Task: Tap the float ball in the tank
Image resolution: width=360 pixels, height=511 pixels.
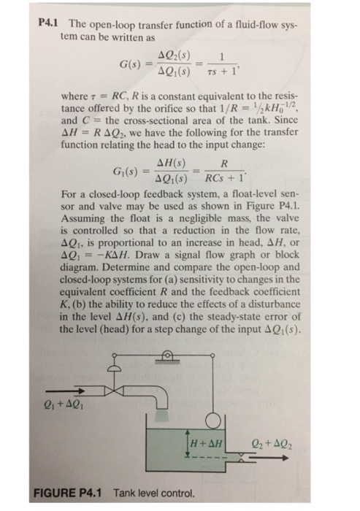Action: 212,420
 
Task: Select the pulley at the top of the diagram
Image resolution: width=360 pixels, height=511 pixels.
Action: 167,357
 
